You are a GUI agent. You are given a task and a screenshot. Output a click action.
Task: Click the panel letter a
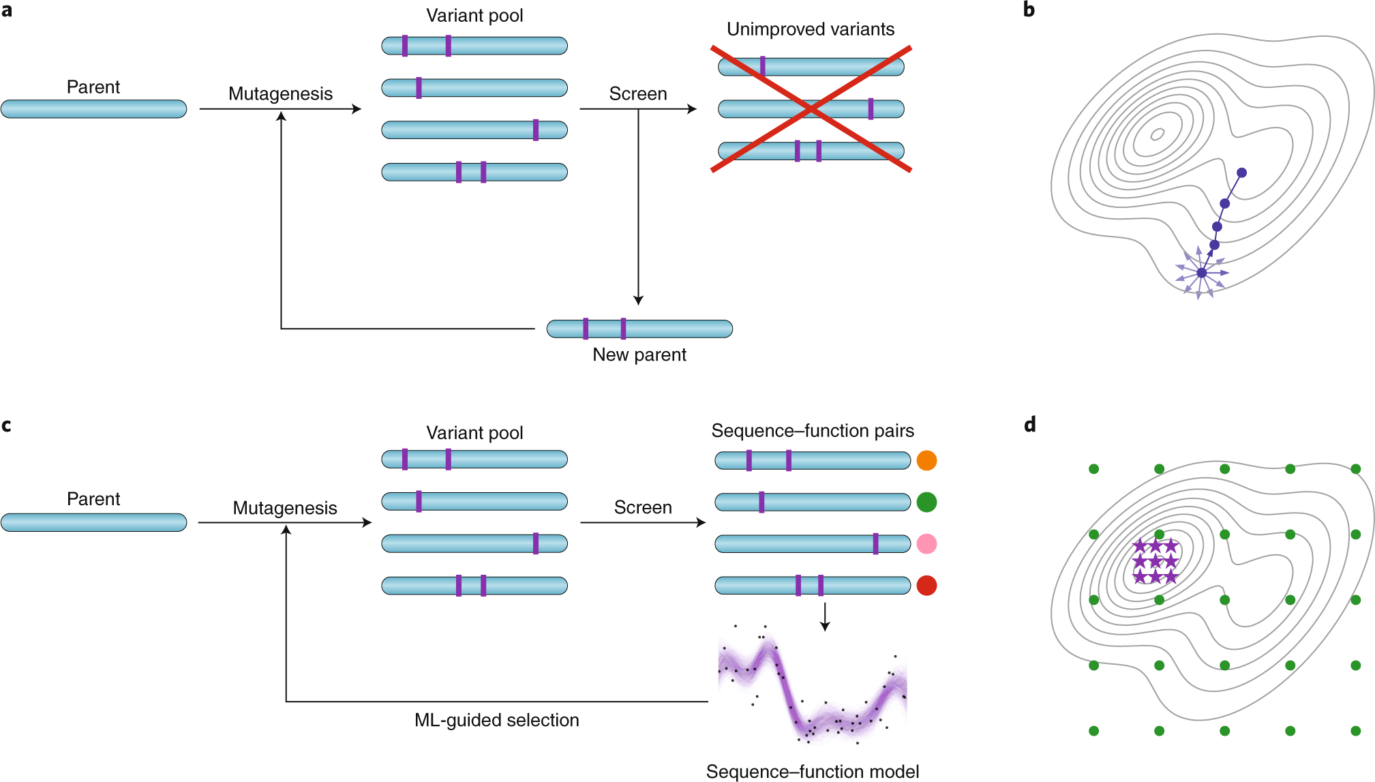7,10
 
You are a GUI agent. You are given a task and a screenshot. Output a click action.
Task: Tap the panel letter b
1029,10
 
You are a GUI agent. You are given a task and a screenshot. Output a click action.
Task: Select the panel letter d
1029,425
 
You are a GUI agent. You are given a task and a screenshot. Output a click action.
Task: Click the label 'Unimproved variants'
811,29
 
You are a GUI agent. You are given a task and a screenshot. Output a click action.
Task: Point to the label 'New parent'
639,355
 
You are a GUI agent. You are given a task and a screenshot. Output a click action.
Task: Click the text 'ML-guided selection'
496,720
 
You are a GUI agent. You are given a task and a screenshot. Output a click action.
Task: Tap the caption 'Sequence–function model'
812,771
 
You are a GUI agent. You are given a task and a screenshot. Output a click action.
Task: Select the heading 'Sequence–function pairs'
813,431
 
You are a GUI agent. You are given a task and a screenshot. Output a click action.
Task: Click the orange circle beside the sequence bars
926,461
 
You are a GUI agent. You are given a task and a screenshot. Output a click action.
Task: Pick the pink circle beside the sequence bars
926,544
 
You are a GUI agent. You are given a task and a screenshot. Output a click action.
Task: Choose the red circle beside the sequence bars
926,586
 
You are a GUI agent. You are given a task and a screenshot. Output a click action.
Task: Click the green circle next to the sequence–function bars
926,502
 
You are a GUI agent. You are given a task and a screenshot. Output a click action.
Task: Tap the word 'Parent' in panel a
93,87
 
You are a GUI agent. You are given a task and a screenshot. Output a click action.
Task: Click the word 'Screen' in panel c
643,508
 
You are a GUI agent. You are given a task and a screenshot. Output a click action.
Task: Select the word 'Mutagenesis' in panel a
280,94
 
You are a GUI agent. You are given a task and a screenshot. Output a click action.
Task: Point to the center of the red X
811,109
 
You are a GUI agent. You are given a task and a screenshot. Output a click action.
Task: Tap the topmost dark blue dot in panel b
1241,173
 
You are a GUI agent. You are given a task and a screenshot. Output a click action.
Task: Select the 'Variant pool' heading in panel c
474,433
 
